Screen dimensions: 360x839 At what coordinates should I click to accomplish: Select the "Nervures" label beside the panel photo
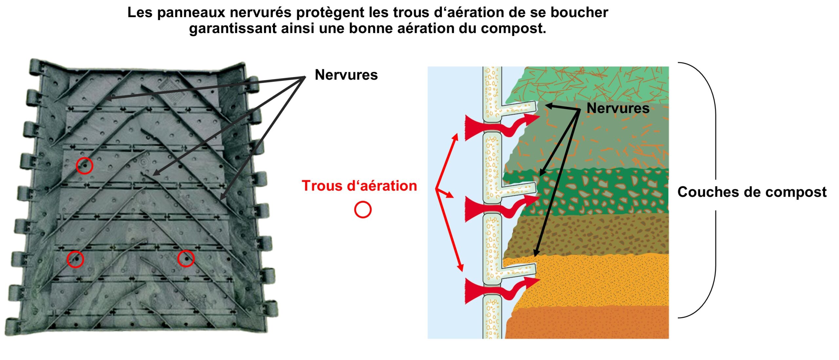[346, 75]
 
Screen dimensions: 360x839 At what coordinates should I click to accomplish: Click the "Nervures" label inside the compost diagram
[618, 108]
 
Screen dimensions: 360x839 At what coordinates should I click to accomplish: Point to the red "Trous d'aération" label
[359, 186]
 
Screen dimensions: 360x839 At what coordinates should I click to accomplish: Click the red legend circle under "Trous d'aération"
[363, 210]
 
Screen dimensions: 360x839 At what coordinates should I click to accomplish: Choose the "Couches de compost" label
[752, 192]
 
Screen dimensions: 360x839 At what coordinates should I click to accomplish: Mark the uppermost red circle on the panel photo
[85, 166]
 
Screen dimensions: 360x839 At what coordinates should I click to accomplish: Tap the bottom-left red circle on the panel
[75, 259]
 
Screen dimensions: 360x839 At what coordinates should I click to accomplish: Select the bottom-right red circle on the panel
[186, 258]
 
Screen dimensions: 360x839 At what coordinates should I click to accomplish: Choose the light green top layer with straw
[590, 84]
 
